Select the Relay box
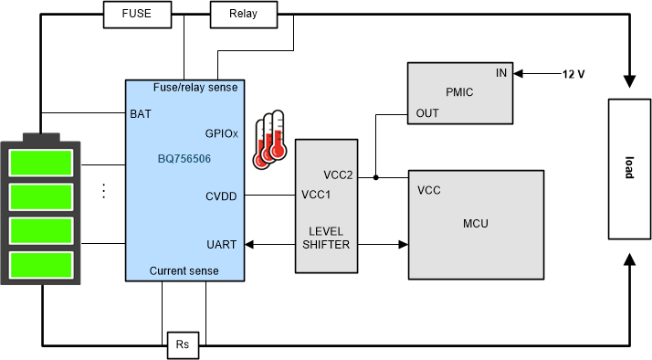tap(242, 14)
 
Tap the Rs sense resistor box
tap(182, 345)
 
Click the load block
tap(629, 170)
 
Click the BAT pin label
tap(141, 115)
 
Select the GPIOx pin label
tap(221, 132)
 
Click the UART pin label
tap(224, 244)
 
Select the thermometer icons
tap(269, 139)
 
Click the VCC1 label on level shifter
tap(317, 195)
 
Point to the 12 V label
tap(572, 72)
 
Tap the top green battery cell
tap(40, 164)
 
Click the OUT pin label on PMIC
tap(427, 112)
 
